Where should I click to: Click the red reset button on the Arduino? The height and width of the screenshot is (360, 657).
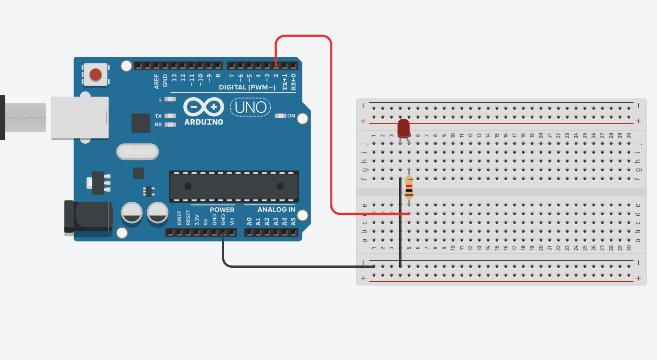click(96, 74)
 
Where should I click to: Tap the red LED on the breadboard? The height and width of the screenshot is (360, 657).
click(404, 129)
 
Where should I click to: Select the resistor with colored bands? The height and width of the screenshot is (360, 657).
click(409, 187)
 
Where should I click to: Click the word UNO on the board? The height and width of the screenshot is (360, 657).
click(251, 107)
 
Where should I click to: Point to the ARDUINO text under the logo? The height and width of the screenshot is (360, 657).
click(204, 122)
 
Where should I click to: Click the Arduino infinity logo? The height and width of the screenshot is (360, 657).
click(204, 106)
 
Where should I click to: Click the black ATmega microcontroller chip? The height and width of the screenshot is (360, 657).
click(234, 186)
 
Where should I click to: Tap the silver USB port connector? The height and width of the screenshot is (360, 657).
click(80, 118)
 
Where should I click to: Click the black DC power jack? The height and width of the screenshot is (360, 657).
click(88, 217)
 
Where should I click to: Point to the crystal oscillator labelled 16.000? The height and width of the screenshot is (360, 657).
click(137, 152)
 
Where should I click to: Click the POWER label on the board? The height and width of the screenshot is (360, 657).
click(222, 210)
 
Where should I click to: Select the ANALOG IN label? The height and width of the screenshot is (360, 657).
click(276, 210)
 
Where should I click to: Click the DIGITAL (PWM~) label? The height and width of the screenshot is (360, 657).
click(247, 87)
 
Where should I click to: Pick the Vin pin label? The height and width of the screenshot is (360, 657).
click(232, 222)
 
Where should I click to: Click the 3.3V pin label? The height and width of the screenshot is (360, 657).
click(197, 221)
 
